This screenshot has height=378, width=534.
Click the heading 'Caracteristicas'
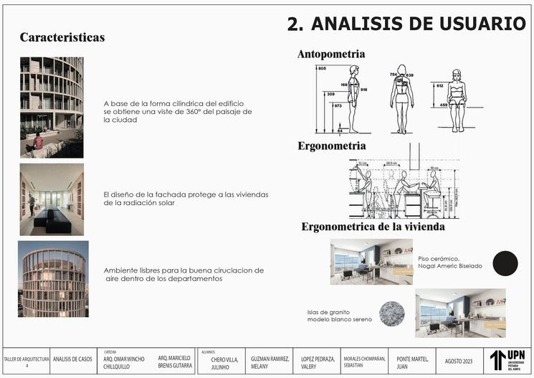click(62, 37)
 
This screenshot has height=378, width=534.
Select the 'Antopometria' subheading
click(331, 55)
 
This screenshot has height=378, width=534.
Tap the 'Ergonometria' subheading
click(332, 146)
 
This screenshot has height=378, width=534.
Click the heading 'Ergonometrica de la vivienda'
click(373, 227)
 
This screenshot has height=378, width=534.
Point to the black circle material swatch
click(505, 263)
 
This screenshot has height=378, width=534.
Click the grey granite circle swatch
click(392, 313)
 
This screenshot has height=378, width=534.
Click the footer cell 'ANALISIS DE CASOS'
click(72, 360)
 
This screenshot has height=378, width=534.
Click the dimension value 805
click(322, 68)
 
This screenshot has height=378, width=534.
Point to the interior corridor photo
click(52, 199)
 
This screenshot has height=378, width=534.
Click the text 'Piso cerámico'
click(438, 258)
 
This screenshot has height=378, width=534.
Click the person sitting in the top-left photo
click(37, 141)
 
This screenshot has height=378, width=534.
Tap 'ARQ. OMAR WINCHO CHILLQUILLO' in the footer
click(124, 362)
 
